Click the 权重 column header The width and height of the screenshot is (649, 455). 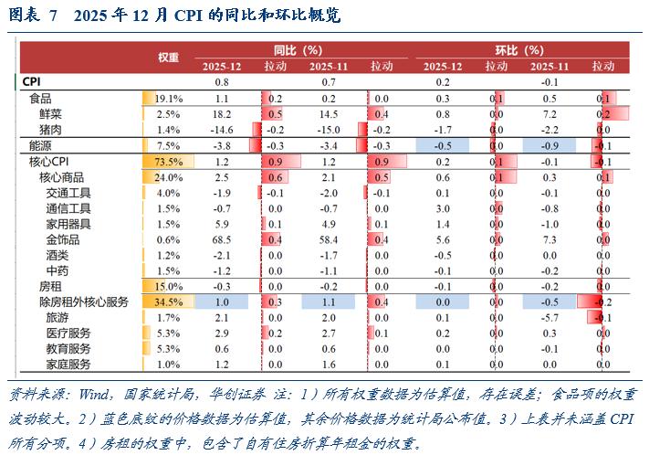tap(168, 57)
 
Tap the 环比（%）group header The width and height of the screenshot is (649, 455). tap(518, 50)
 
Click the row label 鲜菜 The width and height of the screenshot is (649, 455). tap(52, 114)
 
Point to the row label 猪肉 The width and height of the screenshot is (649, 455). tap(52, 130)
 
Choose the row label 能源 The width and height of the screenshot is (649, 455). tap(40, 145)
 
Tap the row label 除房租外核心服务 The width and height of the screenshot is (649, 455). tap(83, 302)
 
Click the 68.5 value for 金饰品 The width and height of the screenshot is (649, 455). tap(222, 239)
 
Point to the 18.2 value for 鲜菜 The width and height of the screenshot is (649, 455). tap(222, 114)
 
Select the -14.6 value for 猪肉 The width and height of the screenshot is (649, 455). tap(222, 130)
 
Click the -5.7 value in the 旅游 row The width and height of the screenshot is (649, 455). tap(550, 317)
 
